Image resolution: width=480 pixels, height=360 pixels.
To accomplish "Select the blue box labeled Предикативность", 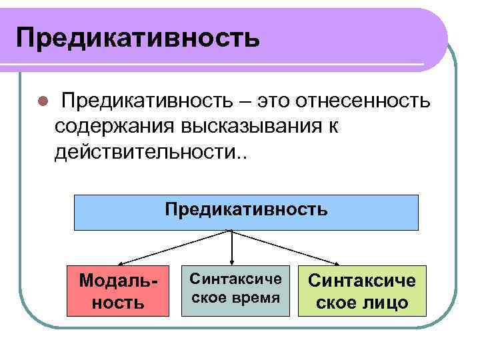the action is (246, 212).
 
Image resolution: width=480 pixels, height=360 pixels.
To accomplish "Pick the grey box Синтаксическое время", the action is (236, 291).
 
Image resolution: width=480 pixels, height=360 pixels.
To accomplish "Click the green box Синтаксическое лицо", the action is (361, 291).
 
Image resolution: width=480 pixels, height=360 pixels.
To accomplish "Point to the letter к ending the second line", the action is (333, 127).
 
